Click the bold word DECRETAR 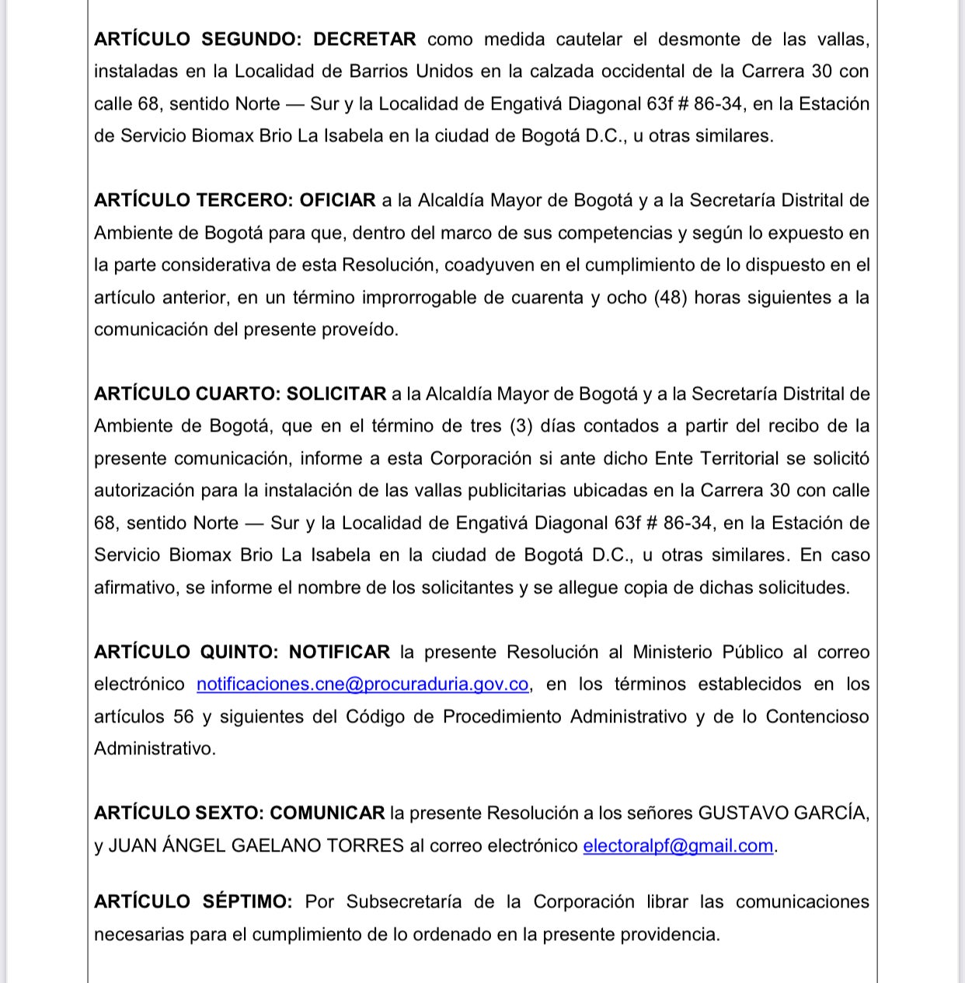coord(364,39)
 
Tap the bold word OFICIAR coord(337,200)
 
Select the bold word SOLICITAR coord(336,394)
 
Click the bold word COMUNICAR coord(327,813)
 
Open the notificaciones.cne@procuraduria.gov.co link coord(362,684)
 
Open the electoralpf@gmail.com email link coord(678,845)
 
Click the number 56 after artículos coord(183,716)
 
